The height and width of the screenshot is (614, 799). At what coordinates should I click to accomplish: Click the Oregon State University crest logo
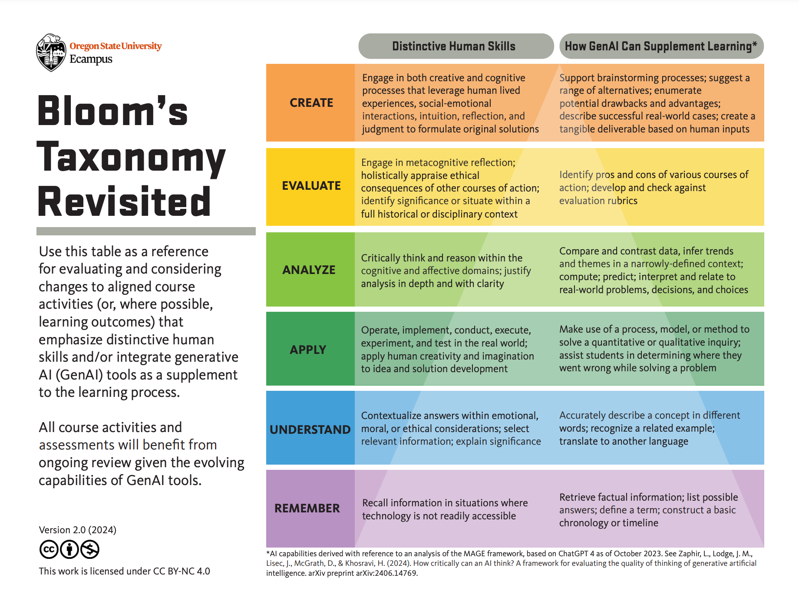tap(51, 53)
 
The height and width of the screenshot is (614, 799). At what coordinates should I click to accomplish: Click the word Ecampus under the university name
tap(91, 59)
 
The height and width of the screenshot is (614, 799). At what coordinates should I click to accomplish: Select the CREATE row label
tap(311, 103)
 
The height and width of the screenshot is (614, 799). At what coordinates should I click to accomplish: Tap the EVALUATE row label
tap(311, 186)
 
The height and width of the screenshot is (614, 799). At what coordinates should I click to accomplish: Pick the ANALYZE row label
tap(309, 270)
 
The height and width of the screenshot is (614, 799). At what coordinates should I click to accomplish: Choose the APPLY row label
tap(308, 350)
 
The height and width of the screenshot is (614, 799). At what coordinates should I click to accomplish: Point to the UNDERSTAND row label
tap(310, 429)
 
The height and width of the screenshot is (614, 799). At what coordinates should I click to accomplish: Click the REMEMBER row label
tap(307, 508)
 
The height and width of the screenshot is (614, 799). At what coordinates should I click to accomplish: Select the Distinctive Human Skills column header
tap(454, 46)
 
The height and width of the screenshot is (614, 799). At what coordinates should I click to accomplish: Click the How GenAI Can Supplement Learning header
tap(660, 46)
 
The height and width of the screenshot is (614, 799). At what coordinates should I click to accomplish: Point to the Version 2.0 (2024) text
tap(78, 530)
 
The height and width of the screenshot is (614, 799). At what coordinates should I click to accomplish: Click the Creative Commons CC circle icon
tap(48, 549)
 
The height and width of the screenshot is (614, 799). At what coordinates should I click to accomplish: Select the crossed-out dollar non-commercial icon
tap(90, 549)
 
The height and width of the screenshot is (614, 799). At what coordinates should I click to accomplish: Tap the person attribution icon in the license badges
tap(69, 549)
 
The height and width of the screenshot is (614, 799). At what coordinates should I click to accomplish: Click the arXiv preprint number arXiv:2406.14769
tap(386, 573)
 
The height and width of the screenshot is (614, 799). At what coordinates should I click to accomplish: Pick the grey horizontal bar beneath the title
tap(146, 231)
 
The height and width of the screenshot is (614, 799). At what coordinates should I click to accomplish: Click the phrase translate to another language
tap(624, 442)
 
